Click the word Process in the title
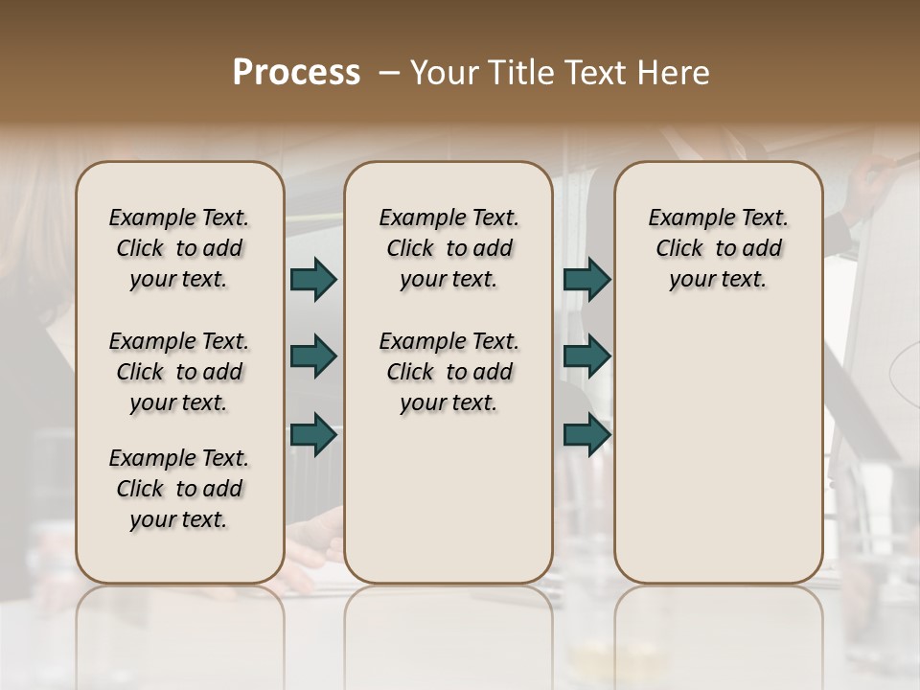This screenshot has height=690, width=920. click(x=296, y=73)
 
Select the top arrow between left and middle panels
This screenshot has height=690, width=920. click(x=313, y=280)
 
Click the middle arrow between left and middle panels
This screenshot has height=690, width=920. click(x=313, y=356)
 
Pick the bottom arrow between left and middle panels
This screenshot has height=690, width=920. click(x=313, y=434)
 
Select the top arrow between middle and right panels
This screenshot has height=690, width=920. click(x=586, y=280)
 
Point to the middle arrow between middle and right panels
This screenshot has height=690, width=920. click(x=586, y=356)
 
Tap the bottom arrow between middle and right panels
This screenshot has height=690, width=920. click(x=586, y=434)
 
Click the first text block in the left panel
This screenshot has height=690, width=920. click(x=179, y=248)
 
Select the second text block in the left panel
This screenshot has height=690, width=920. click(x=179, y=372)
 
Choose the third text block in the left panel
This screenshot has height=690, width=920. click(x=179, y=489)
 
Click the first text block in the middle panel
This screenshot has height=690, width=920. click(x=448, y=248)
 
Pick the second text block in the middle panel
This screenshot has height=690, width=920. click(x=448, y=372)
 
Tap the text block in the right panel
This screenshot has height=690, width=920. click(x=718, y=248)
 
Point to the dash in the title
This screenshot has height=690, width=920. click(x=389, y=73)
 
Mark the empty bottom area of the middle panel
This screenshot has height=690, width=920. click(x=448, y=508)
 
